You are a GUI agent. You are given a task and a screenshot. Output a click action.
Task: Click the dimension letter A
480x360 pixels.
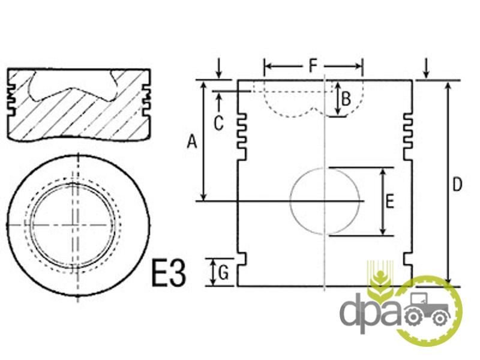192,142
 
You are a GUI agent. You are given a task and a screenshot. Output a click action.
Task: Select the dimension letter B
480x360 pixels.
346,99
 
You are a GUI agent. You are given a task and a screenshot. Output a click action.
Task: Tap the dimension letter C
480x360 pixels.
218,124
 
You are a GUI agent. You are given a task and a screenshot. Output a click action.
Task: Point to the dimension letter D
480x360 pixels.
457,185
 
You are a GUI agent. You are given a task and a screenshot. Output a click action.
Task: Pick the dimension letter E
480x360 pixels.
389,202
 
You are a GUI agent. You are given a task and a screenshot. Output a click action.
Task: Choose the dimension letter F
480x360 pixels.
312,66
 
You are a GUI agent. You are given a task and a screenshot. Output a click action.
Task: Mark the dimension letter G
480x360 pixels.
224,272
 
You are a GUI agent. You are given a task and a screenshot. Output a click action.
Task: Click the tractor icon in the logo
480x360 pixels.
427,308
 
